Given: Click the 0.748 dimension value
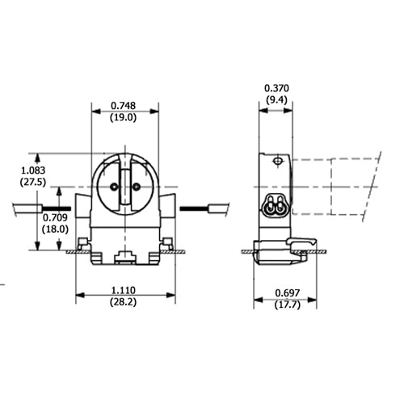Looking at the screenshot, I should (124, 106).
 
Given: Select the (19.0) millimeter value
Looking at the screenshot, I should (124, 117).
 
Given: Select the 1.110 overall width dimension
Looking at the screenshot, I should (125, 290).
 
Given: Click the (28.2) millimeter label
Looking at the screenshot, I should (125, 302).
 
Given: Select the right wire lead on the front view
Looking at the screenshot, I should (206, 208).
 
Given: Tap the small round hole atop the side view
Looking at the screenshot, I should (276, 162).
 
